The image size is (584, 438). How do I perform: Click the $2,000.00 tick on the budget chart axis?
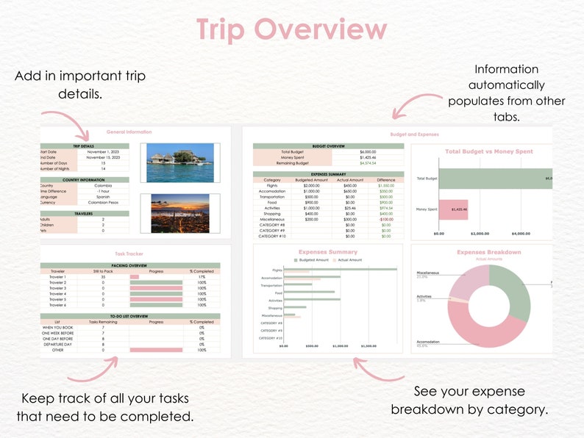pyautogui.click(x=479, y=234)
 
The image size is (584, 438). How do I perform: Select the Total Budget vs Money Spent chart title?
pyautogui.click(x=488, y=151)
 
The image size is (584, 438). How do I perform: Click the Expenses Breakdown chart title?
pyautogui.click(x=488, y=252)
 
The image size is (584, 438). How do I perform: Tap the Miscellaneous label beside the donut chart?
pyautogui.click(x=427, y=273)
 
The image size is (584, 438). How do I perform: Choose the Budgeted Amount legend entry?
pyautogui.click(x=313, y=260)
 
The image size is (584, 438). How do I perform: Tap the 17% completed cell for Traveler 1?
pyautogui.click(x=202, y=276)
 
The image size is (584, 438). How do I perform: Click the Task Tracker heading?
pyautogui.click(x=129, y=254)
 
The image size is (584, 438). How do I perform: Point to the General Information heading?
pyautogui.click(x=129, y=132)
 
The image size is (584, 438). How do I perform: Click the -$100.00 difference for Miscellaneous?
pyautogui.click(x=386, y=219)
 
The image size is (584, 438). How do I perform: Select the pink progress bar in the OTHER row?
pyautogui.click(x=156, y=350)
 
